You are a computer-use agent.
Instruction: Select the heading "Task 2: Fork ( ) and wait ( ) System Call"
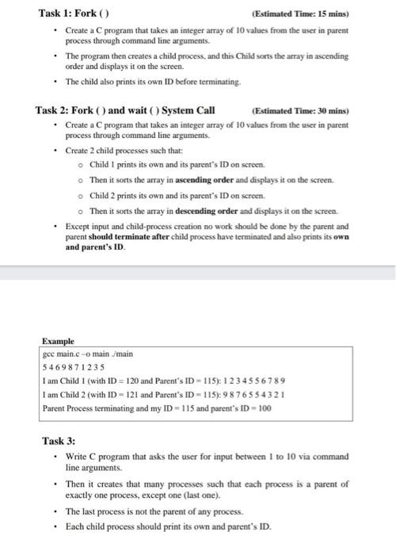pos(125,110)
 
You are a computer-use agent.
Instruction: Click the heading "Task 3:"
pos(59,440)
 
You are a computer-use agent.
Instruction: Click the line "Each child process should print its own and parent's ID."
pos(168,526)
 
